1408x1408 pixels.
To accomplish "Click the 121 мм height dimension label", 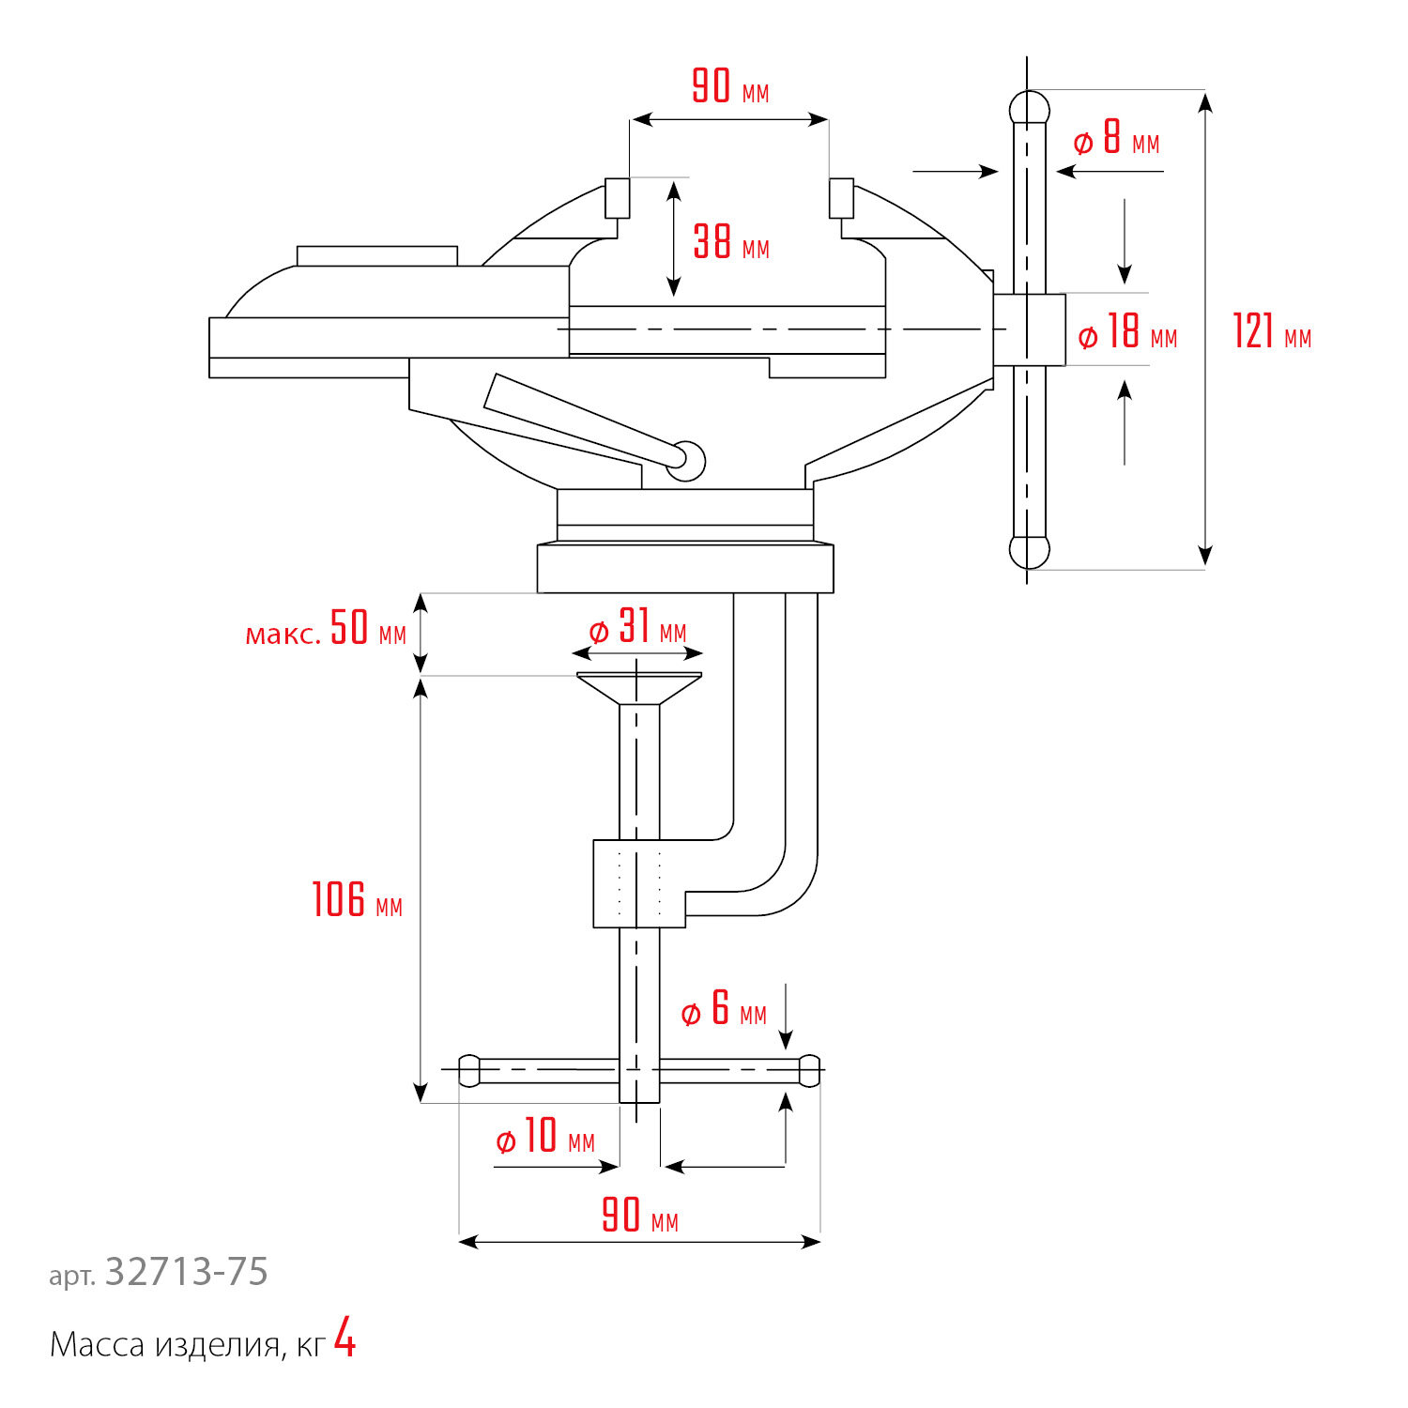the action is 1271,332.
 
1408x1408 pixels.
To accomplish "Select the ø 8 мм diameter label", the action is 1116,140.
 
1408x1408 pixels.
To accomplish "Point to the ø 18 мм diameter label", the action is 1126,333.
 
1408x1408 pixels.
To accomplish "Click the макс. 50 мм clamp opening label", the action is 326,629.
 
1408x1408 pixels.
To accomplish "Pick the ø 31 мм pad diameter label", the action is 637,628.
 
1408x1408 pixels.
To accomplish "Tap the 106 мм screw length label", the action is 357,900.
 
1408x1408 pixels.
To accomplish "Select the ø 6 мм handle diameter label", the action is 724,1010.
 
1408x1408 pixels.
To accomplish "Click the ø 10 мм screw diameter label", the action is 544,1137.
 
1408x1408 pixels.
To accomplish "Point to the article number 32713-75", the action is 186,1272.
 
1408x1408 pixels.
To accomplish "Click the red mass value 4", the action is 345,1339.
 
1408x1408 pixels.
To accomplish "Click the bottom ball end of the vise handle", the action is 1029,552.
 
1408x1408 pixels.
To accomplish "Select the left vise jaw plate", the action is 617,198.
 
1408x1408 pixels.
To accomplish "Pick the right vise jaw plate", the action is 842,198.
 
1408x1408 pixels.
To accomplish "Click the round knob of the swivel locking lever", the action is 688,460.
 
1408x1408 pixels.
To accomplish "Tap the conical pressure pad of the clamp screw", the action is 638,688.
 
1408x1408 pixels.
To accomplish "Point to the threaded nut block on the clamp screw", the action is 639,883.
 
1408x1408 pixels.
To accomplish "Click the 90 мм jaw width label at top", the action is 730,87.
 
